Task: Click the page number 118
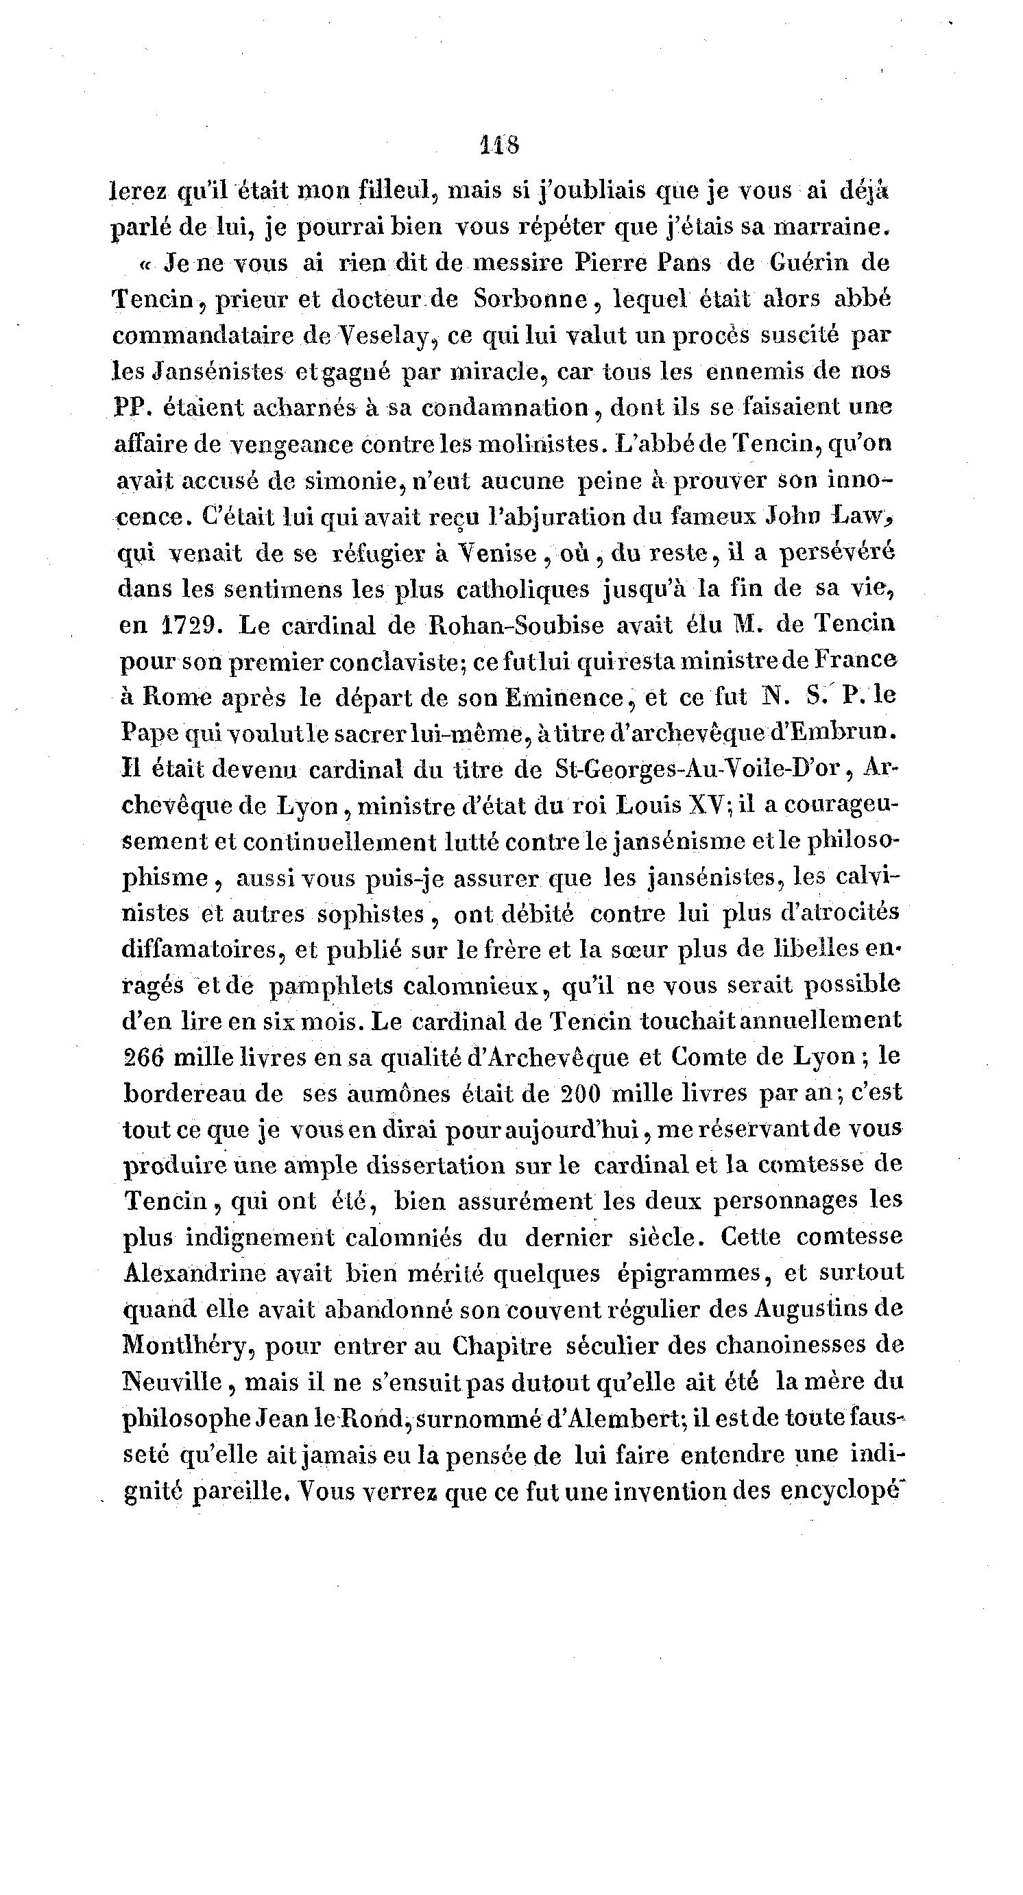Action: tap(498, 145)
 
